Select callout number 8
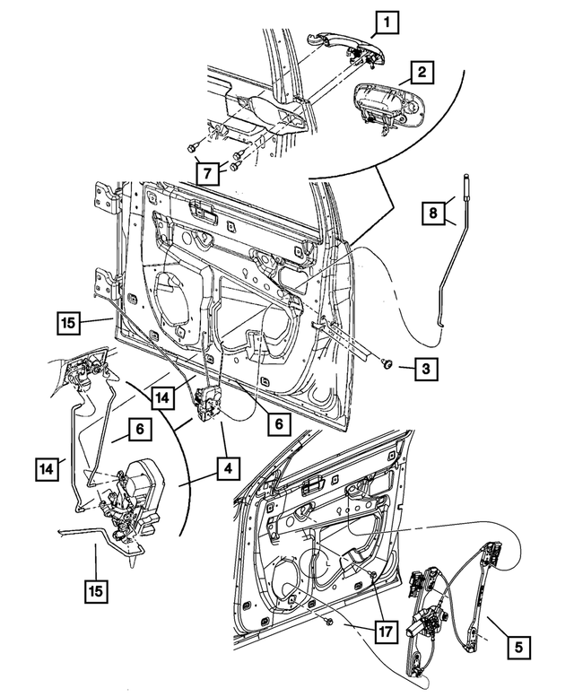point(433,213)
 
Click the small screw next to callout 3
point(388,364)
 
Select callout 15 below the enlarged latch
point(95,592)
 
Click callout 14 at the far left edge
point(50,466)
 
